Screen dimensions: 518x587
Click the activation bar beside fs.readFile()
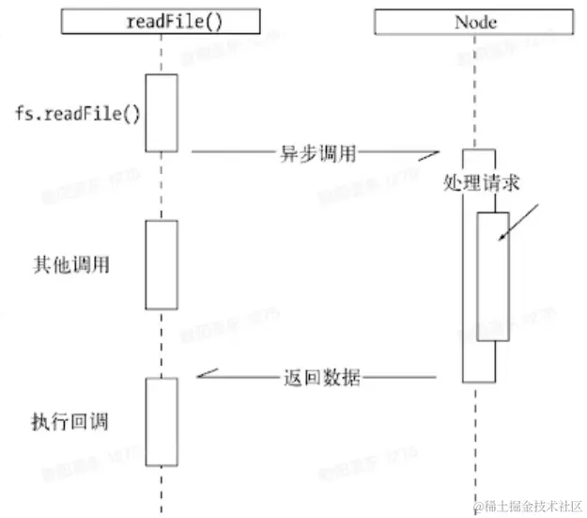click(x=162, y=112)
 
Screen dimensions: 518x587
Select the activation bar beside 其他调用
click(x=162, y=264)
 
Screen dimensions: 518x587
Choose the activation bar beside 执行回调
click(x=162, y=421)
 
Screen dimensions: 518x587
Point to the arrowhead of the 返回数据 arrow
click(x=203, y=376)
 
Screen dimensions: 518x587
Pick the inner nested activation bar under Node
click(x=493, y=276)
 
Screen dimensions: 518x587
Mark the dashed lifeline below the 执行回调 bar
click(x=162, y=489)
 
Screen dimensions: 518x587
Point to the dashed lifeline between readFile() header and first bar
click(x=162, y=55)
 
